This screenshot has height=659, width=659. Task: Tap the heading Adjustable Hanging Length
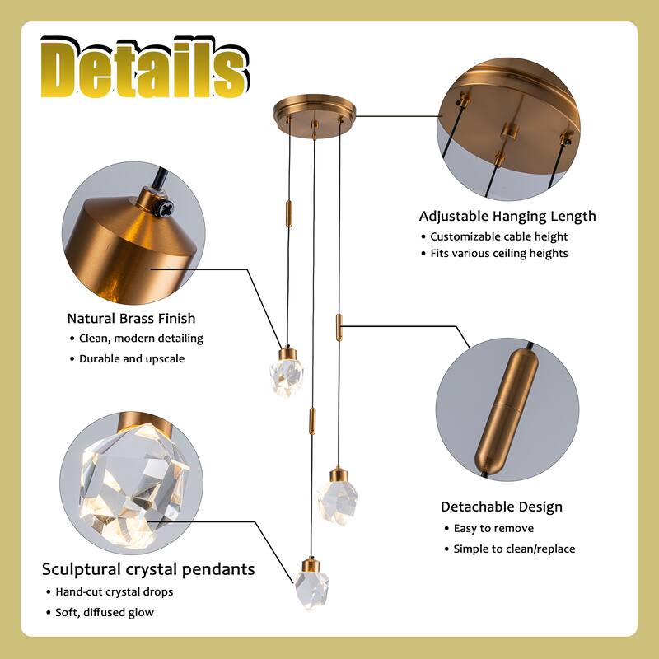click(507, 217)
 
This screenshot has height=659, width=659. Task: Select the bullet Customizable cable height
click(510, 236)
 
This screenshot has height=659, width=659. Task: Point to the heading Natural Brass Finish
click(132, 318)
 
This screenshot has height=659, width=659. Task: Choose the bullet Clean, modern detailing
click(141, 338)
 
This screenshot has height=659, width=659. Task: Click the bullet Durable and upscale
click(132, 358)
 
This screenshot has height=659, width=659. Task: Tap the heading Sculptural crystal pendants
click(148, 569)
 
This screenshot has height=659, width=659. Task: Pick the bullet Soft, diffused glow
click(105, 612)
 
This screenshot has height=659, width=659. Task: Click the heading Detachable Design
click(502, 507)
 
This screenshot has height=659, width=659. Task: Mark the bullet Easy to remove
click(493, 528)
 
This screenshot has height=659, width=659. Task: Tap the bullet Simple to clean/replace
click(514, 549)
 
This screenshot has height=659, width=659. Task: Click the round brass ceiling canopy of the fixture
click(315, 111)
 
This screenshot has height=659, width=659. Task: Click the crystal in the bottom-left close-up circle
click(129, 482)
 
